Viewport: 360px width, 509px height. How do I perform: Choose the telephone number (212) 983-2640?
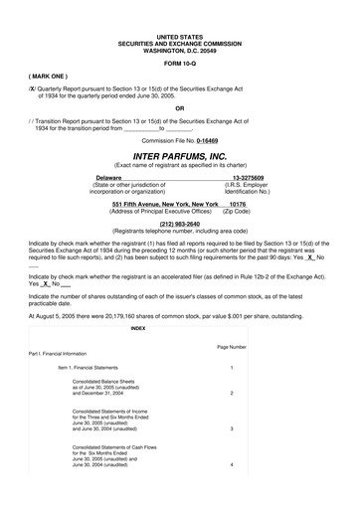(x=179, y=224)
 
